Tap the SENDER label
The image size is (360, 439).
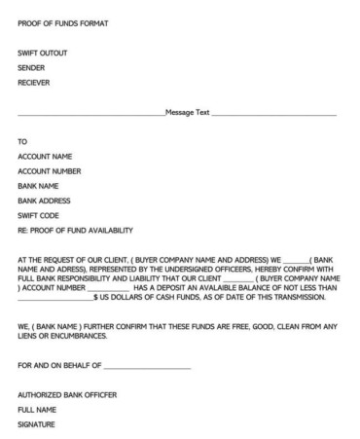tap(34, 67)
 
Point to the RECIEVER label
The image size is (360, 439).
tap(38, 82)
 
